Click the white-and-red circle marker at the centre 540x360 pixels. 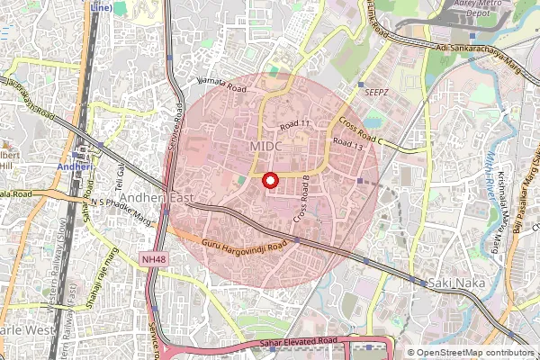(x=267, y=182)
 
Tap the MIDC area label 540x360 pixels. (x=267, y=147)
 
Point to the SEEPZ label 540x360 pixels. (x=376, y=92)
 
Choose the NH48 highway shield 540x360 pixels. (x=154, y=259)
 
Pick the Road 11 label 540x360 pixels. (x=294, y=124)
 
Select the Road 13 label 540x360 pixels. (x=347, y=142)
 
